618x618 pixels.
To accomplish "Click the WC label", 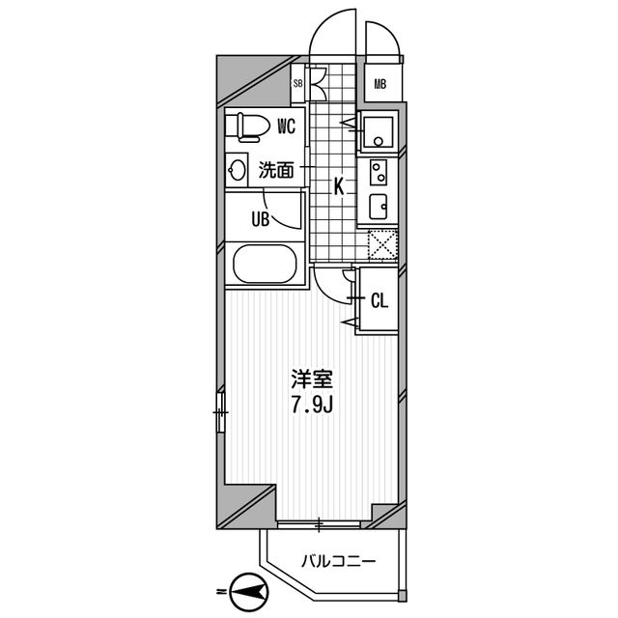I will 286,125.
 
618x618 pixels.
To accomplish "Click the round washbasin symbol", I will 238,171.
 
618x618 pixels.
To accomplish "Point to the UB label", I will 260,218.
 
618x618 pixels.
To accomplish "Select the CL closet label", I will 379,300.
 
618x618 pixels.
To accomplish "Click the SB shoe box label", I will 298,84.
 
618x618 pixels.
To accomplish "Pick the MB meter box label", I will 380,84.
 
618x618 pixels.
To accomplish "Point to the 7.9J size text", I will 311,404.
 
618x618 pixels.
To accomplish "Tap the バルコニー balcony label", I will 336,560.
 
